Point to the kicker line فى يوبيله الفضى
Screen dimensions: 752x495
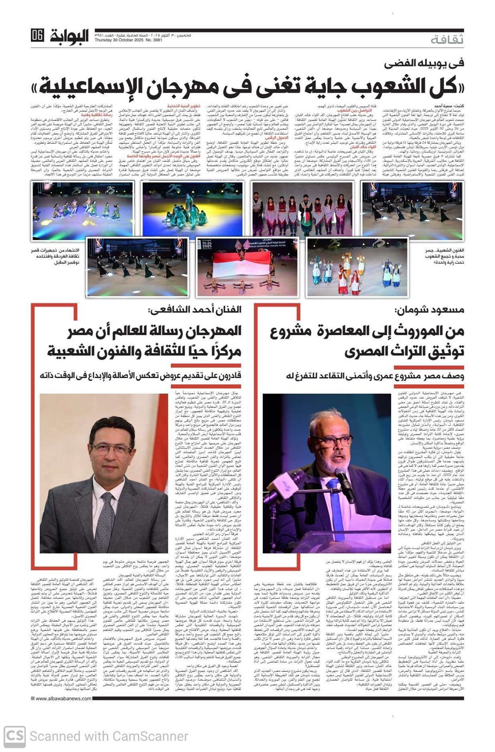click(x=424, y=64)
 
